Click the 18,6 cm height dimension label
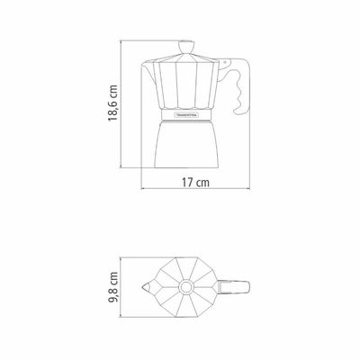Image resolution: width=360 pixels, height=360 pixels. [x=112, y=103]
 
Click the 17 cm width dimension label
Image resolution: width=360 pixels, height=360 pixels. [x=195, y=183]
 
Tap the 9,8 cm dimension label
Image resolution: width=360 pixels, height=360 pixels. [x=113, y=287]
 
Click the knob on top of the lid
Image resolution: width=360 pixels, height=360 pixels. [x=186, y=47]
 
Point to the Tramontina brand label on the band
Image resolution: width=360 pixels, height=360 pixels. [x=187, y=114]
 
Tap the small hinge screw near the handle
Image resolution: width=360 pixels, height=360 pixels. [x=224, y=62]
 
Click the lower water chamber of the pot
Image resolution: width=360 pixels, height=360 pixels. [x=186, y=144]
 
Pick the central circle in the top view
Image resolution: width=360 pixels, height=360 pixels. [x=186, y=287]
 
